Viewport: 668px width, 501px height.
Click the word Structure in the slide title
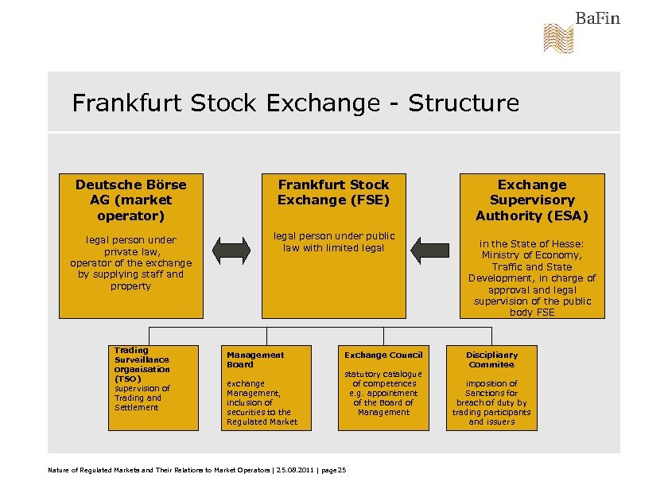[464, 103]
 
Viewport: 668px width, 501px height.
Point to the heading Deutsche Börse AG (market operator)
[130, 200]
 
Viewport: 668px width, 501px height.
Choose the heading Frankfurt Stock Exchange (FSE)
[333, 192]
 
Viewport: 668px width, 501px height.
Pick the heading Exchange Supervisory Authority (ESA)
[531, 200]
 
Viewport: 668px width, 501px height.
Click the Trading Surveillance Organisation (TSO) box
[154, 387]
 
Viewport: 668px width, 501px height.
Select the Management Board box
[272, 387]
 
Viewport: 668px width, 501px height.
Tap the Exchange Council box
[383, 387]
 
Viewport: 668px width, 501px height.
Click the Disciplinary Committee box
[491, 387]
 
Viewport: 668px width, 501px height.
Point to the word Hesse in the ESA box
[569, 244]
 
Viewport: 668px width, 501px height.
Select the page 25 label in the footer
[334, 471]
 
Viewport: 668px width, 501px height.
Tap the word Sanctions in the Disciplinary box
[491, 393]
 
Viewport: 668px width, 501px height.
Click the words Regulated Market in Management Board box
[262, 421]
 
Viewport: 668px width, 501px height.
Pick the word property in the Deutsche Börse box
[130, 285]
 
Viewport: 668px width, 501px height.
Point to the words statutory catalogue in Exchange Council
[383, 374]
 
